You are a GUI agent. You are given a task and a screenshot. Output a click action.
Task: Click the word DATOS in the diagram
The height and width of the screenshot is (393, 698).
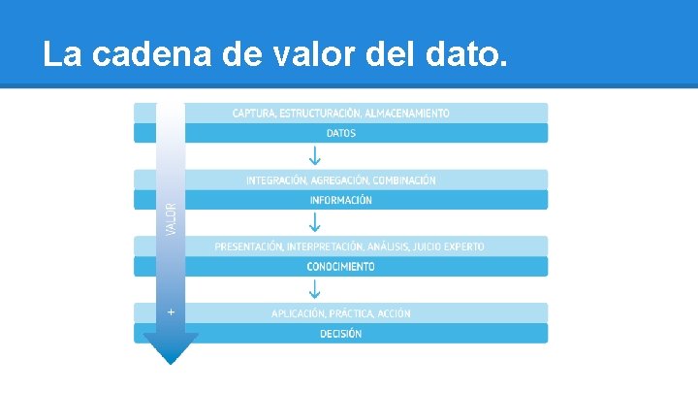point(340,133)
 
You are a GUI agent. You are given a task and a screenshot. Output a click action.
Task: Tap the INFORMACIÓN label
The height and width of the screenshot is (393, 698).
point(340,200)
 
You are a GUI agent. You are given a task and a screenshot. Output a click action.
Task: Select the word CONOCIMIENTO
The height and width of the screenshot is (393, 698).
point(340,267)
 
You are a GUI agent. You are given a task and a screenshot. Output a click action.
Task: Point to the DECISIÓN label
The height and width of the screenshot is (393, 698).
point(340,334)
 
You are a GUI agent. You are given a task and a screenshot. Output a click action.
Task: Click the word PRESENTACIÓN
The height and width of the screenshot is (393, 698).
point(248,246)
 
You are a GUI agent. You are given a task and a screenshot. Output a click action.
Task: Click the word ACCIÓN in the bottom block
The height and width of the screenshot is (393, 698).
point(392,313)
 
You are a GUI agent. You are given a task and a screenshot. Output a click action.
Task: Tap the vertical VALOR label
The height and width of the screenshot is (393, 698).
point(172,218)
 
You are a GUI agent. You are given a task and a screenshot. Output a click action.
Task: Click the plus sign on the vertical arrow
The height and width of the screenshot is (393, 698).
point(172,312)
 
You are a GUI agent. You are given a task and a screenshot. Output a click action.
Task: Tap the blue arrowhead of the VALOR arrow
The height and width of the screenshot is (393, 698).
point(171,348)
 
